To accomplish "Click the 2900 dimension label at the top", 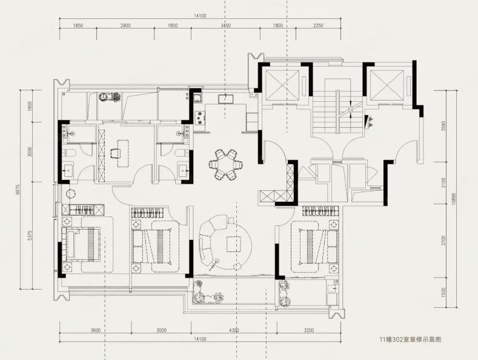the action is point(125,25).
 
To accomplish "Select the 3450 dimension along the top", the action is point(225,25).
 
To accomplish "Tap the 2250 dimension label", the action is point(318,25).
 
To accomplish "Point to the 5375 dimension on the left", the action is point(30,235).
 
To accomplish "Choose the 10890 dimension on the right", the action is point(454,199).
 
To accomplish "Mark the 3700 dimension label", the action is point(443,241).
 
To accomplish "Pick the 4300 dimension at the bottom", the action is point(234,330).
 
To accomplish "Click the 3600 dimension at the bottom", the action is point(95,330).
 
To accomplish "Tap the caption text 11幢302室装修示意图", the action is point(410,339).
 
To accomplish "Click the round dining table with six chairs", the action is point(226,164).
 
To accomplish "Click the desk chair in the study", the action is point(115,153).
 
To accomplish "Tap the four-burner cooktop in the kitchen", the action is point(200,118).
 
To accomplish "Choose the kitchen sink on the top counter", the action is point(225,99).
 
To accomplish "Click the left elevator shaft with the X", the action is point(282,84).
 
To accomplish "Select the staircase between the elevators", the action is point(337,112).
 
